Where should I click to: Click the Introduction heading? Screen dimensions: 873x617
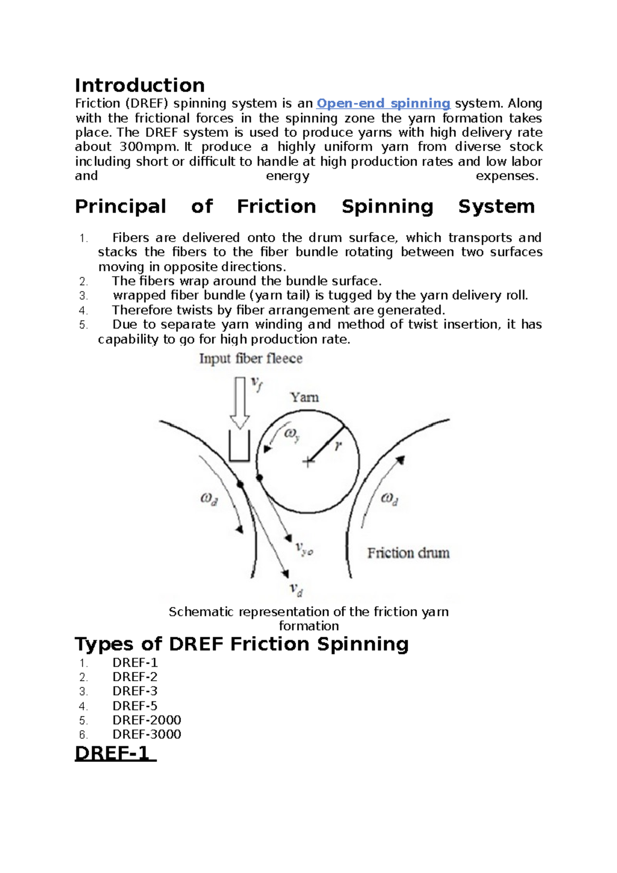click(x=140, y=85)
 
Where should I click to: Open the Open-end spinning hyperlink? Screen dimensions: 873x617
click(x=383, y=103)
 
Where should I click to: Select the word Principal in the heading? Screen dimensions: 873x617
click(x=120, y=207)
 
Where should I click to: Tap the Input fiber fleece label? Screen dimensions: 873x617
click(x=250, y=358)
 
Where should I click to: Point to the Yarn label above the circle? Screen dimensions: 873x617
click(x=304, y=397)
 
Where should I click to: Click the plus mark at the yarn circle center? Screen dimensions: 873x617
click(x=308, y=462)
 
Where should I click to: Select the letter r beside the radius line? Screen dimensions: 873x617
click(x=338, y=446)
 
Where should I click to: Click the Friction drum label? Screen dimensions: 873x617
click(x=408, y=553)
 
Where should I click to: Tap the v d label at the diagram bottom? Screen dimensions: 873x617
click(x=296, y=589)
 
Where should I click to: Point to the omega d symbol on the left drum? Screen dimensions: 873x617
click(x=209, y=499)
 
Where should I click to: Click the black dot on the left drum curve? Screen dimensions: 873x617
click(x=240, y=484)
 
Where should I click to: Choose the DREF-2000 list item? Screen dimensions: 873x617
click(x=147, y=720)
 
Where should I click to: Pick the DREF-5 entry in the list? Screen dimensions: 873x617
click(x=135, y=705)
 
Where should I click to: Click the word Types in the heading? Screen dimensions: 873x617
click(x=104, y=644)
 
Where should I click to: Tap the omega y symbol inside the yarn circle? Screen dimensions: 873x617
click(x=292, y=434)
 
